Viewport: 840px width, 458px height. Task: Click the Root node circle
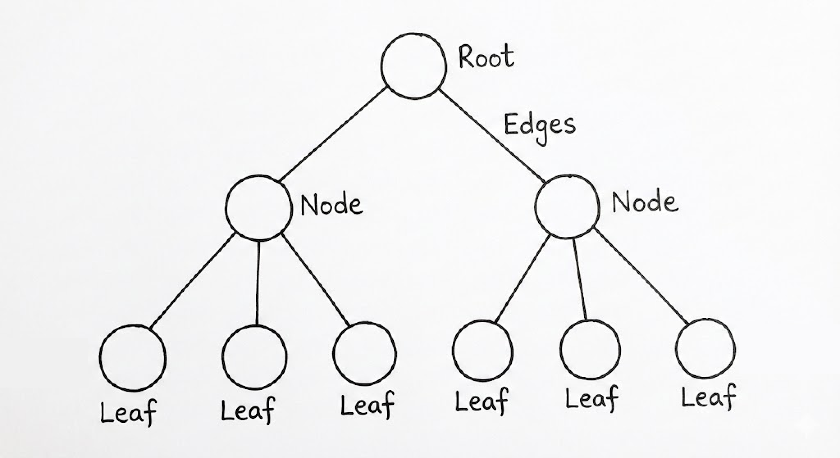413,66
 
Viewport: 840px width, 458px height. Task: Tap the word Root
486,57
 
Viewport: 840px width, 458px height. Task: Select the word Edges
540,126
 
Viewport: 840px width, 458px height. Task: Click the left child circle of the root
259,208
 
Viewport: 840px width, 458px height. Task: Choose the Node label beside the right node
645,202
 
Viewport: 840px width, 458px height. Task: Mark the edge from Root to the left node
332,135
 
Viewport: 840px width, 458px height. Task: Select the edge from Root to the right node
492,136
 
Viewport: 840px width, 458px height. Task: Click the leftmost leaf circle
133,358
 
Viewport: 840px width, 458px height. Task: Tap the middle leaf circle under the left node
255,357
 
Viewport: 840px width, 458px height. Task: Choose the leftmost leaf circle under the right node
483,351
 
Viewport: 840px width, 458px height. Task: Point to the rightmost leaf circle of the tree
705,348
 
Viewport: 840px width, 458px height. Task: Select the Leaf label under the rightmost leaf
709,396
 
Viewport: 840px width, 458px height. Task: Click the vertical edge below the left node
258,283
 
